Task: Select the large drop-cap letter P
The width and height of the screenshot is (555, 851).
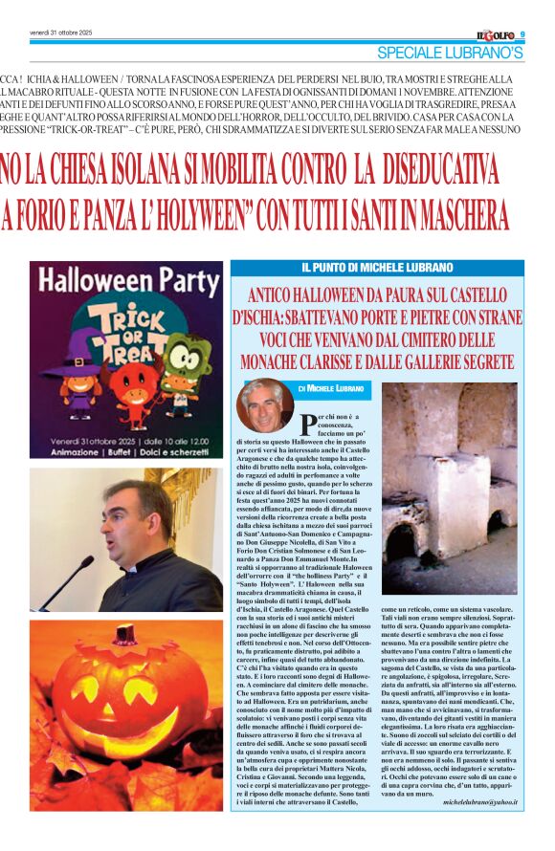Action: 308,422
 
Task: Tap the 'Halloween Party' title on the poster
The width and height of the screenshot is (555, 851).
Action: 125,281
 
